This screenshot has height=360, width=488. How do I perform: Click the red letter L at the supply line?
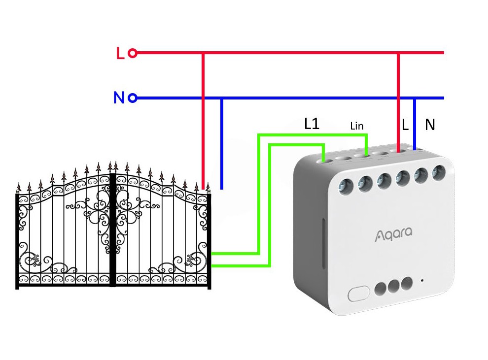click(x=120, y=53)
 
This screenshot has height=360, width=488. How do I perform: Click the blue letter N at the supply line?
click(x=119, y=98)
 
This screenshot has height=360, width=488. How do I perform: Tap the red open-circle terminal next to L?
click(x=132, y=53)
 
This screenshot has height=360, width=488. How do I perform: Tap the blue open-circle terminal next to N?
click(x=132, y=98)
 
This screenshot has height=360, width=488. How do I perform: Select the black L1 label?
click(x=312, y=124)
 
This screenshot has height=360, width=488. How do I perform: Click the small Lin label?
click(x=356, y=126)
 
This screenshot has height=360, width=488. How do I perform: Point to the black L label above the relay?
click(x=405, y=125)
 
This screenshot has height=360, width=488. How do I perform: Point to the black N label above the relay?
click(x=430, y=125)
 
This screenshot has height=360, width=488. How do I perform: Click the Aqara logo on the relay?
click(x=392, y=233)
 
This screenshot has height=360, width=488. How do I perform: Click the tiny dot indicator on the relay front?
click(x=422, y=281)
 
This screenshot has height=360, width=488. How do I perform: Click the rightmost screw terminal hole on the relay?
click(x=438, y=172)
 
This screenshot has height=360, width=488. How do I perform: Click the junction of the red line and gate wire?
click(x=203, y=53)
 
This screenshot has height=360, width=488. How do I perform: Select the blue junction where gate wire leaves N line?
click(x=222, y=98)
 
